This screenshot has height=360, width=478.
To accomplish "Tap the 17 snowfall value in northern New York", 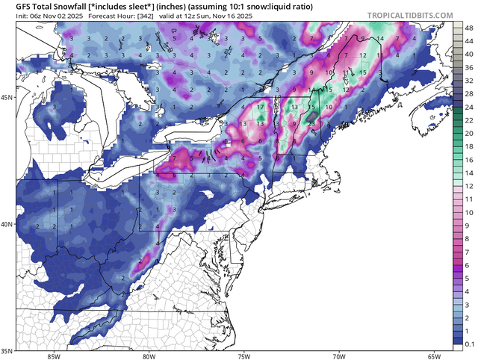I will coord(260,107).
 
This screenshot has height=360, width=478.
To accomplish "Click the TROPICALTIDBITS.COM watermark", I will coord(409,15).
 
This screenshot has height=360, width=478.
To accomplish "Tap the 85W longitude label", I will coord(52,356).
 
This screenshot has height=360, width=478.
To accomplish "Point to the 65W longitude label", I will coord(432,356).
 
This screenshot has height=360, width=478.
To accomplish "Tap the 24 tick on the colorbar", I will coord(468,109).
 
